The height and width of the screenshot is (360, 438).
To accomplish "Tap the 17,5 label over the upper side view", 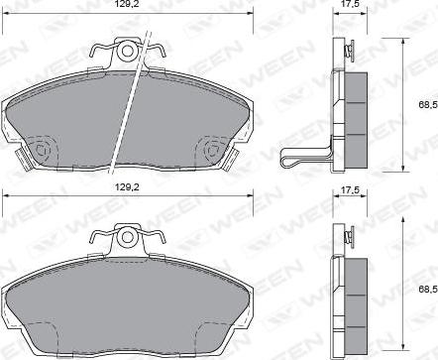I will coord(349,5).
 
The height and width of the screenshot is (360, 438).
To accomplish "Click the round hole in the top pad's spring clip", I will coord(127,50).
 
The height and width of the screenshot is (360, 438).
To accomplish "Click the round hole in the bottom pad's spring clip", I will coord(126,238).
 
